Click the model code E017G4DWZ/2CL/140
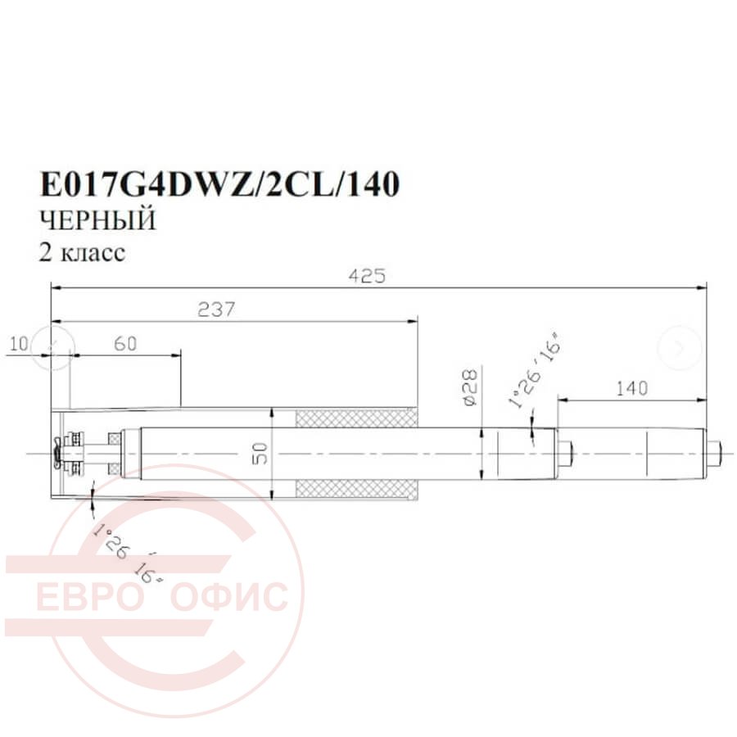point(219,183)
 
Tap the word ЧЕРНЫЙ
point(97,220)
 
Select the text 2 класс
point(82,252)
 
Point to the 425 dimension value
point(367,275)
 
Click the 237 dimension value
point(215,310)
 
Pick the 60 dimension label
point(125,344)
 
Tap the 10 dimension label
point(20,344)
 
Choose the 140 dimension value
point(631,388)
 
